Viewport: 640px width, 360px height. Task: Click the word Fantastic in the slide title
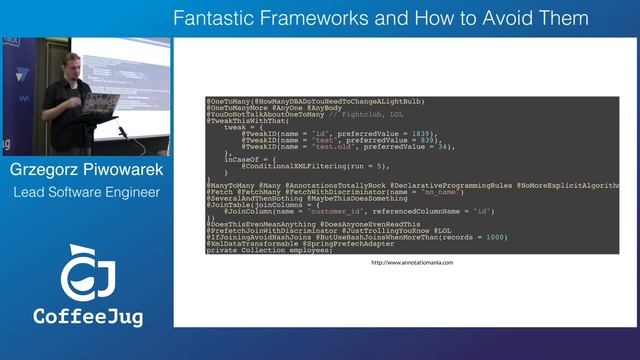click(208, 18)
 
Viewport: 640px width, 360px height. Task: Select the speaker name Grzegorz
click(48, 169)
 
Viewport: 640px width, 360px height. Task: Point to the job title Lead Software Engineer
click(86, 191)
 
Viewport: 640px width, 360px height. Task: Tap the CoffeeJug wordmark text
click(88, 317)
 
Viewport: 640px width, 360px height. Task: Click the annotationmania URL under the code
click(412, 262)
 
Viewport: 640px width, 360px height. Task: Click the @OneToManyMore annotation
click(237, 107)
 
